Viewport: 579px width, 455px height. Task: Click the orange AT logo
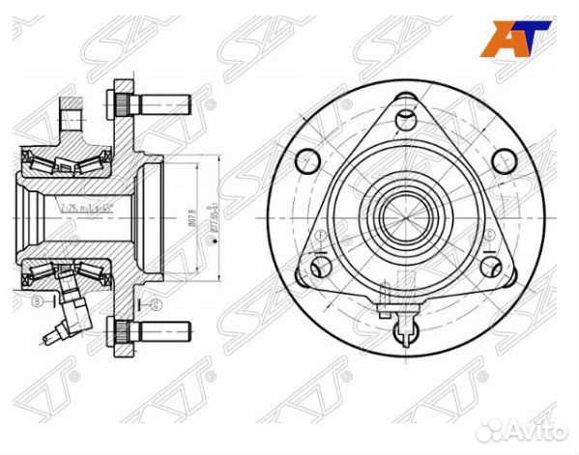coord(523,39)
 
